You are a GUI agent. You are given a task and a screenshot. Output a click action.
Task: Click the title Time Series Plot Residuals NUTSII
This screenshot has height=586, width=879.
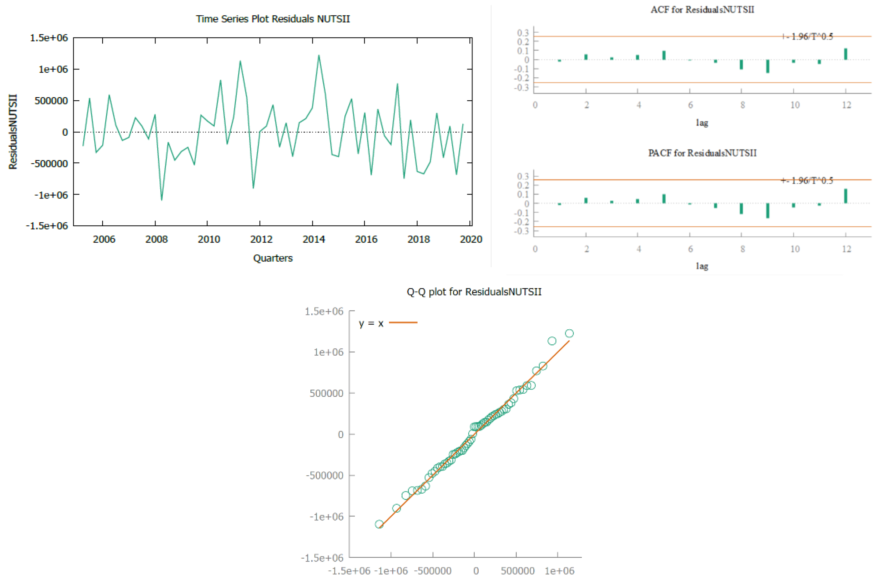pos(273,19)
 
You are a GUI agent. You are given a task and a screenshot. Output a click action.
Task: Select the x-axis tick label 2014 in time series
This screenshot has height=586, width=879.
pos(313,239)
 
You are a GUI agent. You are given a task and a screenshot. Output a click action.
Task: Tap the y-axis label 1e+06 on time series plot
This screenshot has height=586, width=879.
pos(53,69)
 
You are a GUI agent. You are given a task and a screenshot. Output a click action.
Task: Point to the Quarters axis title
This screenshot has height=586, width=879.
pos(273,258)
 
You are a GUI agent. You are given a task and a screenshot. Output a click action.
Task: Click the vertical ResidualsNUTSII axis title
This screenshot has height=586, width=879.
pos(13,132)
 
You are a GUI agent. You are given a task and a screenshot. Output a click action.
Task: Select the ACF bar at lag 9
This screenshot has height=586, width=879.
pos(767,66)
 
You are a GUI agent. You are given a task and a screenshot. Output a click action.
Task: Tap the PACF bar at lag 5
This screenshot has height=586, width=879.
pos(664,199)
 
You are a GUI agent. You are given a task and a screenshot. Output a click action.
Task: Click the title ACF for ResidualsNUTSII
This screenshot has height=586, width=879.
pos(702,9)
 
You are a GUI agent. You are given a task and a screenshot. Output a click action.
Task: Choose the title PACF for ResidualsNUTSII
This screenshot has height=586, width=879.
pos(702,153)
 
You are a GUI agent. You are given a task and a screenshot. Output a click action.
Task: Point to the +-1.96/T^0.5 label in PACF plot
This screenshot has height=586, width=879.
pos(807,180)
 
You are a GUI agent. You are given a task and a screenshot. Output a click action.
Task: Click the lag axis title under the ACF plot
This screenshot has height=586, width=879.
pos(702,123)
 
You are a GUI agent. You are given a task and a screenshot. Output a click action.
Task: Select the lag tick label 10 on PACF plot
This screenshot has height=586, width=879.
pos(795,249)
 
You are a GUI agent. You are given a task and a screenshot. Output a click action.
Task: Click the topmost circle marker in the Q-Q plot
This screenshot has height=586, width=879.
pos(569,333)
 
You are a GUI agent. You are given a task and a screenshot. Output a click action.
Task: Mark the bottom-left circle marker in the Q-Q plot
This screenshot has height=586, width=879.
pos(379,524)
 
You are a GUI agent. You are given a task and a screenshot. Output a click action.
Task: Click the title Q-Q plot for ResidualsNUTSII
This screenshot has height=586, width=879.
pos(474,291)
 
